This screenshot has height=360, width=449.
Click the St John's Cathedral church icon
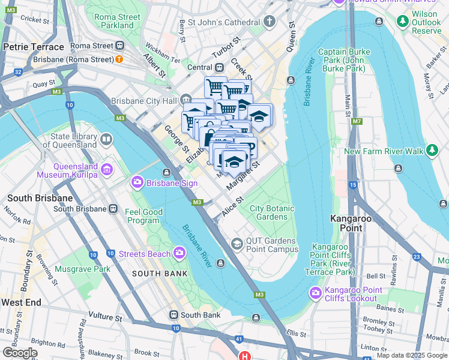pyautogui.click(x=270, y=23)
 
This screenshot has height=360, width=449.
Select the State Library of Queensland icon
pyautogui.click(x=106, y=140)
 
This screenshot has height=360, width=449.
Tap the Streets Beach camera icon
pyautogui.click(x=179, y=253)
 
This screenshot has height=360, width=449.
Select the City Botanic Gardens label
pyautogui.click(x=272, y=212)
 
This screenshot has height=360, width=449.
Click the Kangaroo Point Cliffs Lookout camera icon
pyautogui.click(x=315, y=293)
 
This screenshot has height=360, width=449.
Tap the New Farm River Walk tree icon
pyautogui.click(x=432, y=151)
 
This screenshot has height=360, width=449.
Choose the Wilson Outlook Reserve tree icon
pyautogui.click(x=403, y=22)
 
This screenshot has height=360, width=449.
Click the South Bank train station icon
pyautogui.click(x=173, y=314)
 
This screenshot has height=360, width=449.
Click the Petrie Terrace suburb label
pyautogui.click(x=33, y=46)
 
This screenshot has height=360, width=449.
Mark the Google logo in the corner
pyautogui.click(x=20, y=352)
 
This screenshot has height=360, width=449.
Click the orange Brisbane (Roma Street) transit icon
pyautogui.click(x=119, y=59)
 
